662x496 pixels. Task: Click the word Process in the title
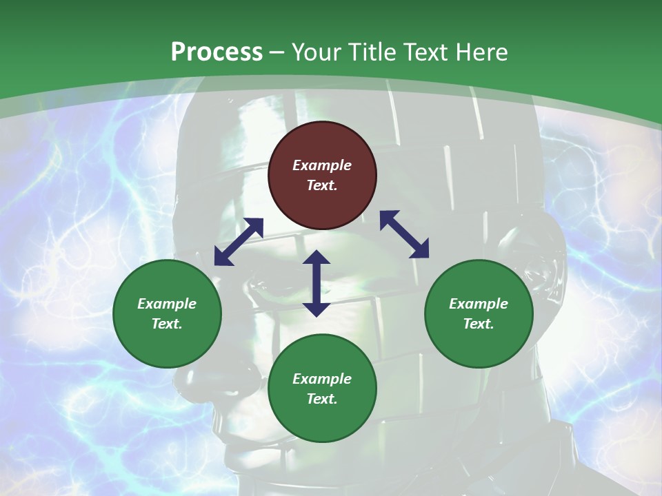(217, 52)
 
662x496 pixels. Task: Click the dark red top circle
(322, 176)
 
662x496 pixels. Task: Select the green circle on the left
(167, 314)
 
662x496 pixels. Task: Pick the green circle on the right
(479, 314)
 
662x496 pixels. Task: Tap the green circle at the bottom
(322, 389)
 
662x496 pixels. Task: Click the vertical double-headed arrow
(317, 283)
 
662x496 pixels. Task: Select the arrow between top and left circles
(239, 242)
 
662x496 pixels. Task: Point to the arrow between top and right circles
(404, 234)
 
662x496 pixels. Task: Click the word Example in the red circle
(322, 165)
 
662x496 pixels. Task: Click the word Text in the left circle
(167, 324)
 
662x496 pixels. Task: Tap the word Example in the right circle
(479, 304)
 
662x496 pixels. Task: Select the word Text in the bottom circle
(322, 399)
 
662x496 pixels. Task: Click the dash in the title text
(277, 53)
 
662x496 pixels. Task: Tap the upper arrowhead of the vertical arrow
(317, 256)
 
